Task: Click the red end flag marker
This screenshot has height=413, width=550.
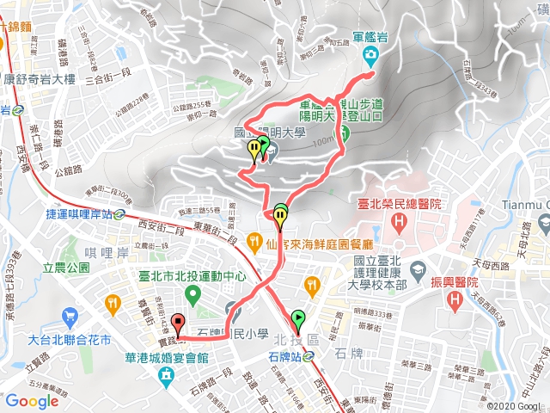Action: pos(178,324)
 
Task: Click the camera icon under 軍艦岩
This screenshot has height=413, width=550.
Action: pos(371,57)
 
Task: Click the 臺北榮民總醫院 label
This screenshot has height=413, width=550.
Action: pos(399,205)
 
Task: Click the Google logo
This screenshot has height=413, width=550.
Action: pos(32,401)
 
